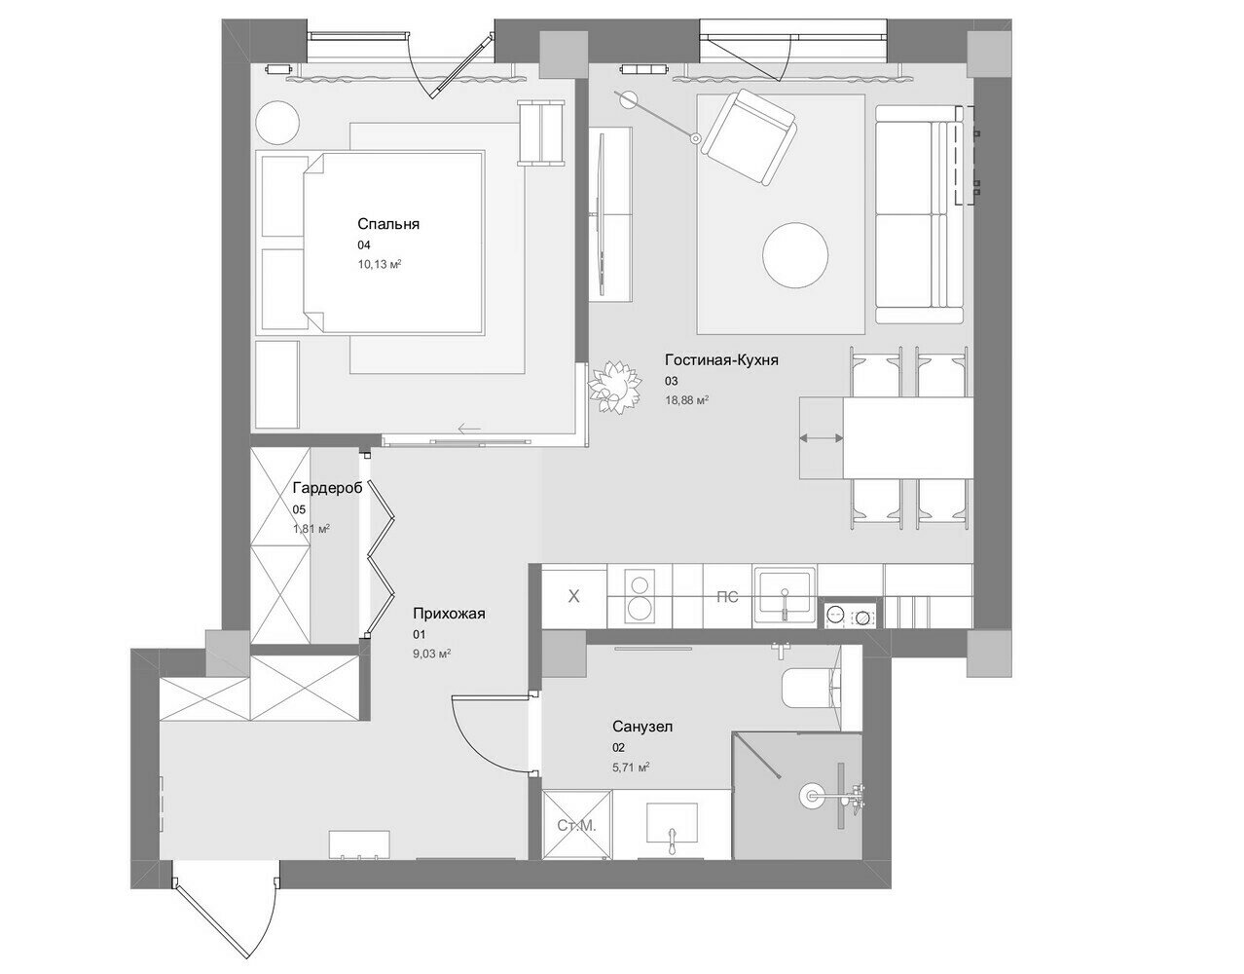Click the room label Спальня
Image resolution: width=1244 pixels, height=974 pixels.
coord(388,224)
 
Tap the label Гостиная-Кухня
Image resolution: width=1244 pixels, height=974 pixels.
coord(721,360)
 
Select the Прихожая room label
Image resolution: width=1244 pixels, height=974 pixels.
coord(449,614)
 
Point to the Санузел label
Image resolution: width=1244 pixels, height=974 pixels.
coord(642,727)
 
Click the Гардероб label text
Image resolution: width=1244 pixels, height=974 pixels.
coord(327,488)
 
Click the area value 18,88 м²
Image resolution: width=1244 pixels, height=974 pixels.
coord(686,400)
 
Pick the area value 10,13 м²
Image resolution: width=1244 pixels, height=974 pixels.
coord(379,264)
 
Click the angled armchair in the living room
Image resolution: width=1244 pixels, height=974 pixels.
coord(749,136)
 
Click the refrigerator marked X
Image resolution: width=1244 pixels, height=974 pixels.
coord(573,596)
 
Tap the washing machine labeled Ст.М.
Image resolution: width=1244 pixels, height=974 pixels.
coord(576,825)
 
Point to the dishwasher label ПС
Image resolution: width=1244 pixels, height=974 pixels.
coord(727,597)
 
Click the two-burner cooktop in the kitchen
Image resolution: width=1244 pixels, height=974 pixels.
coord(640,596)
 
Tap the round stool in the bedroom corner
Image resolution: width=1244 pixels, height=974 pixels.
coord(276,124)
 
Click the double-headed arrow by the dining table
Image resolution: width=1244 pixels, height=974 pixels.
coord(821,438)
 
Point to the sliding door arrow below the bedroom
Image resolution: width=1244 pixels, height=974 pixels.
coord(469,428)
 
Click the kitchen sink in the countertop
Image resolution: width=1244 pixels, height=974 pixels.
coord(785,596)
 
